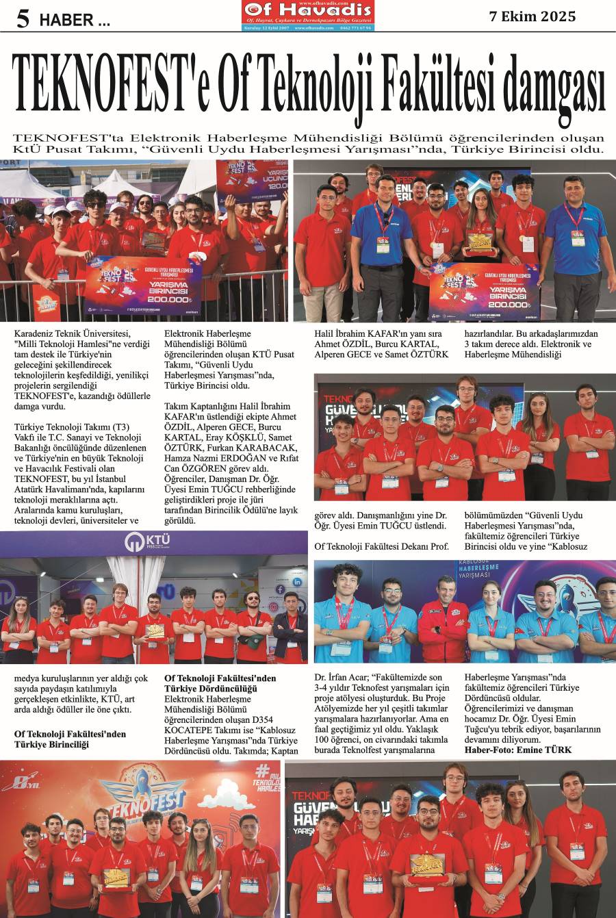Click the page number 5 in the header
pos(23,18)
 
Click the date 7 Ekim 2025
pos(532,16)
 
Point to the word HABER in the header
pos(66,21)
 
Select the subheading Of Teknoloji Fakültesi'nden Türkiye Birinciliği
pos(70,739)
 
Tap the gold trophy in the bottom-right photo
pos(428,882)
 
